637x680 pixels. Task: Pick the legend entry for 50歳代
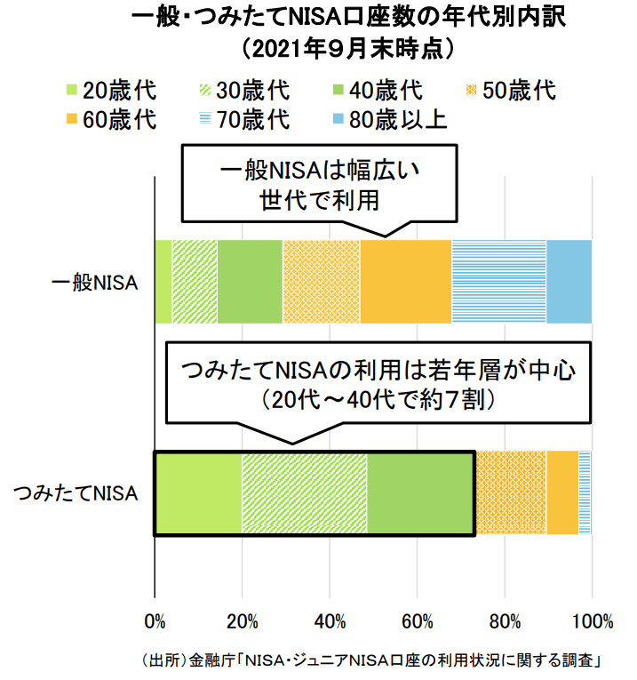coord(511,91)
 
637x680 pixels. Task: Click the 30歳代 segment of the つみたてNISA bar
coord(304,493)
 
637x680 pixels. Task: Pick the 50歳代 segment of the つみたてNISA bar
coord(511,493)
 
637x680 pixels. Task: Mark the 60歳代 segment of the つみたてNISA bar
coord(562,493)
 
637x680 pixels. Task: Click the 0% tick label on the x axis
coord(155,620)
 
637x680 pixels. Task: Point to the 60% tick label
coord(418,620)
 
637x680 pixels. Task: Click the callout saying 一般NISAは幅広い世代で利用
coord(319,185)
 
